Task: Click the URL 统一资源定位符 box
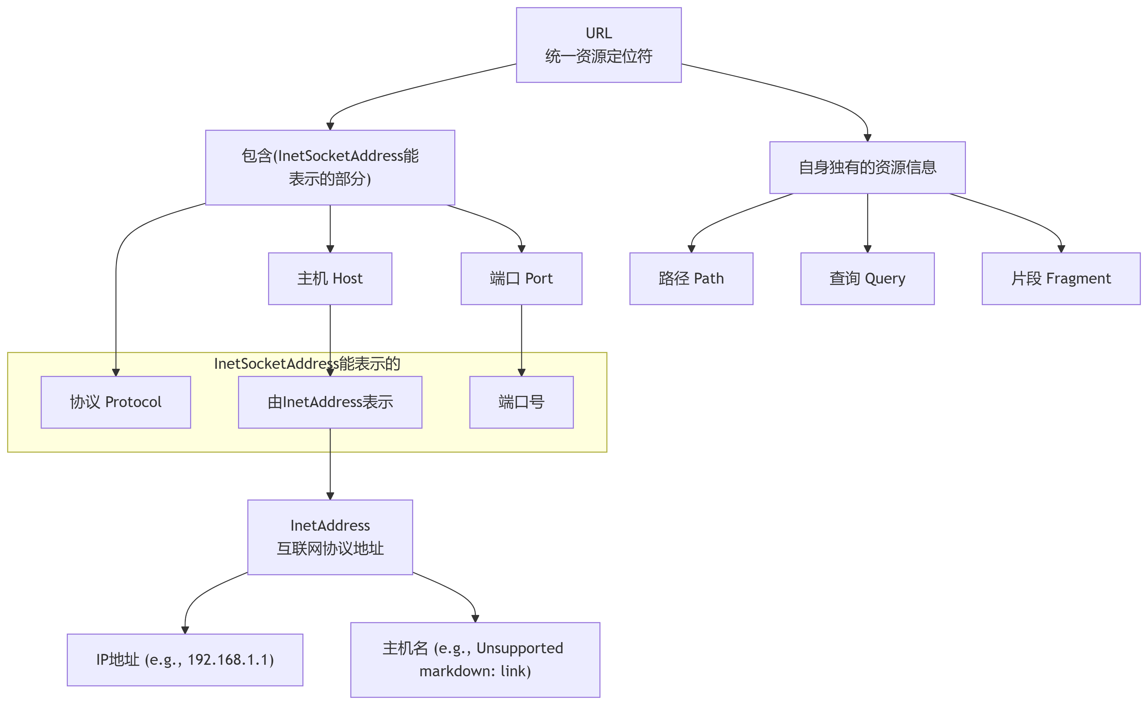pyautogui.click(x=599, y=45)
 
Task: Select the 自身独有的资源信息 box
pyautogui.click(x=867, y=167)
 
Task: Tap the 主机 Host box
pyautogui.click(x=330, y=279)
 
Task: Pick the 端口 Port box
pyautogui.click(x=521, y=279)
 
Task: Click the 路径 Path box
pyautogui.click(x=691, y=279)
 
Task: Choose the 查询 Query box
pyautogui.click(x=867, y=279)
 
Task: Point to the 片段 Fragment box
pyautogui.click(x=1061, y=279)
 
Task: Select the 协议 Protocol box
pyautogui.click(x=116, y=402)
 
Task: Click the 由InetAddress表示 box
pyautogui.click(x=330, y=402)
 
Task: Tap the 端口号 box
pyautogui.click(x=521, y=402)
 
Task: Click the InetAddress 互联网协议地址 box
pyautogui.click(x=330, y=537)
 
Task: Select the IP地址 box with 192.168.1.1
pyautogui.click(x=185, y=660)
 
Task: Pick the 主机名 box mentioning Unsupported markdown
pyautogui.click(x=475, y=660)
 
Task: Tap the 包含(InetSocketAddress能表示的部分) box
pyautogui.click(x=330, y=167)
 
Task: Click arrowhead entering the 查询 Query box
pyautogui.click(x=867, y=249)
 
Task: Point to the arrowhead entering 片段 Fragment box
pyautogui.click(x=1061, y=249)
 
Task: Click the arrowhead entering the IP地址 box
pyautogui.click(x=185, y=630)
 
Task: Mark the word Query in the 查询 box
pyautogui.click(x=884, y=279)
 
